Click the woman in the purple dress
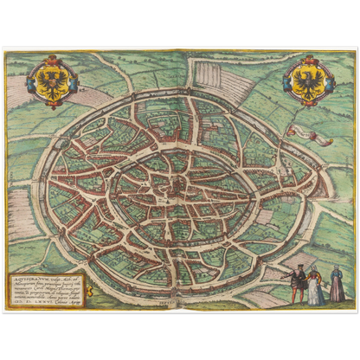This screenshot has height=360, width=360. pyautogui.click(x=337, y=286)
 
